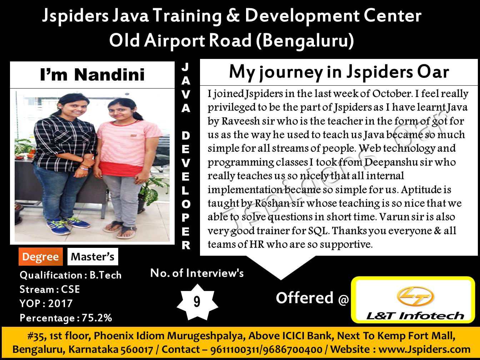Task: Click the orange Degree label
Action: pos(41,257)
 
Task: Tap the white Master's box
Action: pos(93,257)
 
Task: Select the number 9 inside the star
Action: pos(197,302)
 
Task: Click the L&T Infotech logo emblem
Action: pos(415,296)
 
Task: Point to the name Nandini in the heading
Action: pos(109,75)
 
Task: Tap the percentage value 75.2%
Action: pos(97,318)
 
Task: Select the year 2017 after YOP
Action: pos(60,303)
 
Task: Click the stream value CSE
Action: pos(70,289)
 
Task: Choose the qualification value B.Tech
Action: pos(106,275)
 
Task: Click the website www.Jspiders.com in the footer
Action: pos(424,349)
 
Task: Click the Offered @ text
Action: pos(312,298)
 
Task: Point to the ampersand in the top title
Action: pos(233,16)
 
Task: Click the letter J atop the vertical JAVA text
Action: pos(185,67)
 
